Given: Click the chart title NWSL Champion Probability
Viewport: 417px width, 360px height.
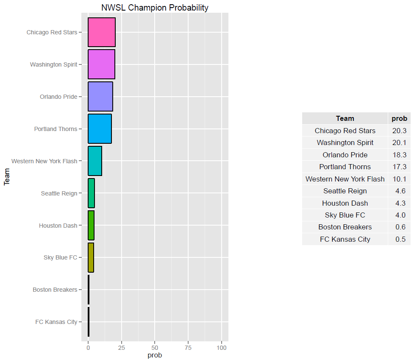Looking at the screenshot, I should (x=155, y=8).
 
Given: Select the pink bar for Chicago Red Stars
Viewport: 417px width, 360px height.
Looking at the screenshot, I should (x=102, y=32).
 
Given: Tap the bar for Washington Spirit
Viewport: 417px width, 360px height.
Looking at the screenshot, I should (x=101, y=64).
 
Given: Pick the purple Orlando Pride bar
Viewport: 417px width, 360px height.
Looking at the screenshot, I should (x=100, y=97).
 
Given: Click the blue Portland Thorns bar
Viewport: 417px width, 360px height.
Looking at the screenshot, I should (x=100, y=129).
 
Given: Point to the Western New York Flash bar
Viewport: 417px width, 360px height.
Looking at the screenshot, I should (x=95, y=161).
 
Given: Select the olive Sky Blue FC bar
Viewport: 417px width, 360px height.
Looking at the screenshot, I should (x=91, y=257).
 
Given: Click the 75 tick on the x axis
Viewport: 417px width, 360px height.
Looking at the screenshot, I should (x=188, y=347).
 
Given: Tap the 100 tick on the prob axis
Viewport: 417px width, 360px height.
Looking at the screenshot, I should (x=221, y=347).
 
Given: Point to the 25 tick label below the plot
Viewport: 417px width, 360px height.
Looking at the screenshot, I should (x=121, y=347).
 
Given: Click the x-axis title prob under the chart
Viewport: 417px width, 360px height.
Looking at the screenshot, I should (x=155, y=355).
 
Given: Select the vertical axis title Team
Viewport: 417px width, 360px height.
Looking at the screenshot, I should (x=6, y=177).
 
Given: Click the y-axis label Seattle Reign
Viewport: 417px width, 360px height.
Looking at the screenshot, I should (x=59, y=193).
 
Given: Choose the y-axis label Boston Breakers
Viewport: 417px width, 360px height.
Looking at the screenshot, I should (x=55, y=290).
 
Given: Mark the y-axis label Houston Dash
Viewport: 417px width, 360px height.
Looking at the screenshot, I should (x=58, y=226).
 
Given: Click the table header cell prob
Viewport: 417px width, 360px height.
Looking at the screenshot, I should (x=399, y=119).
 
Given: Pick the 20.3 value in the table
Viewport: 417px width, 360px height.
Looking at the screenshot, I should (x=399, y=131).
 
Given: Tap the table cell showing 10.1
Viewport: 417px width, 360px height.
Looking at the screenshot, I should (x=399, y=179).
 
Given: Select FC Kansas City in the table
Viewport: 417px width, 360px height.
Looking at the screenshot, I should (x=345, y=240).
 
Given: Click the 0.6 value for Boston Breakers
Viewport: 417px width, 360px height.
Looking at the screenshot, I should (x=400, y=227).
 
